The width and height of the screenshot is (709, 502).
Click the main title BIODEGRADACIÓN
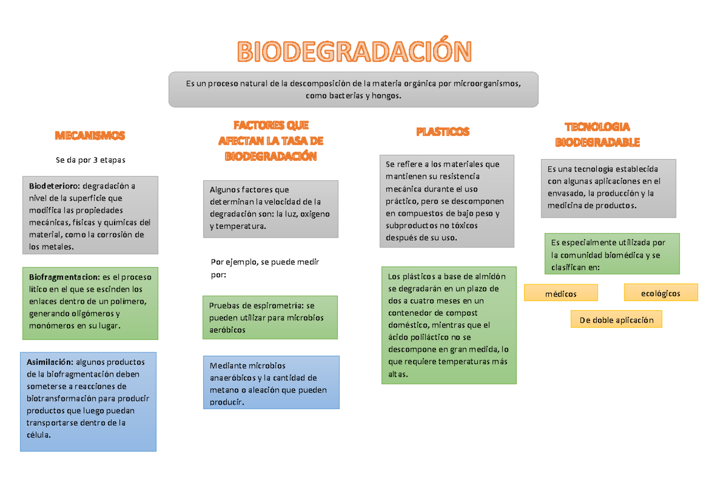[354, 52]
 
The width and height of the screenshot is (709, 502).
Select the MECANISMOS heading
[90, 135]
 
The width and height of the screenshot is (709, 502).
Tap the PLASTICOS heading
[443, 131]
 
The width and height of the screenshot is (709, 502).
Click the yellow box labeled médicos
[561, 293]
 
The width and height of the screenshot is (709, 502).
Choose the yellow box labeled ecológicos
[660, 293]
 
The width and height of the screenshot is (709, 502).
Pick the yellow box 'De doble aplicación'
[616, 320]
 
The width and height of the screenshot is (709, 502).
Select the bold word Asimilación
[50, 362]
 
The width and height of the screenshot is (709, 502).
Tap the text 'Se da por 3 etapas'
[90, 160]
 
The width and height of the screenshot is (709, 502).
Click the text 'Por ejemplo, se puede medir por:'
[264, 268]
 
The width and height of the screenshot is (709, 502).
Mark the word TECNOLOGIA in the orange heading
[597, 127]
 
